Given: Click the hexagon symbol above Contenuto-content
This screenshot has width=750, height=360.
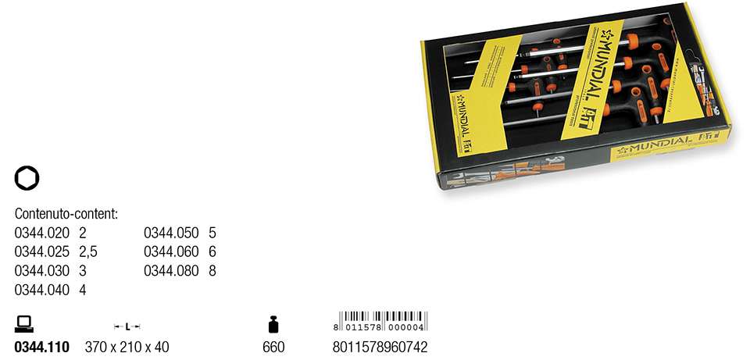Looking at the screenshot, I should pyautogui.click(x=27, y=179).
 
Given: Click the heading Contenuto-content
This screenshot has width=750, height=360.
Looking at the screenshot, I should pyautogui.click(x=66, y=213).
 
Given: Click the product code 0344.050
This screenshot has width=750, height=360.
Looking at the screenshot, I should pyautogui.click(x=172, y=233).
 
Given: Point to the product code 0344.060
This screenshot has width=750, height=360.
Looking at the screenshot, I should pyautogui.click(x=172, y=251).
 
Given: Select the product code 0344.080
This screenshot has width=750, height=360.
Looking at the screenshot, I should pyautogui.click(x=172, y=271).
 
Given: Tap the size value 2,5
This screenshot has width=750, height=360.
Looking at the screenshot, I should pyautogui.click(x=88, y=251).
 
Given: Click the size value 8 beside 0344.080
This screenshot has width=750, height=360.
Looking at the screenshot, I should pyautogui.click(x=212, y=271).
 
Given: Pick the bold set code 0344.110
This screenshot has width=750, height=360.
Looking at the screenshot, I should pyautogui.click(x=42, y=347).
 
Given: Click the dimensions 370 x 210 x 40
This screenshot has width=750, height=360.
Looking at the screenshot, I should pyautogui.click(x=127, y=347).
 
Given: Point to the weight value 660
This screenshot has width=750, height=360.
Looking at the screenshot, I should pyautogui.click(x=273, y=347).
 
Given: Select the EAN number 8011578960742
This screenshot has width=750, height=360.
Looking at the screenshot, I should pyautogui.click(x=380, y=347).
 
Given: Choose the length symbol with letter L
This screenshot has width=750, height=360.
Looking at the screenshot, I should pyautogui.click(x=127, y=326).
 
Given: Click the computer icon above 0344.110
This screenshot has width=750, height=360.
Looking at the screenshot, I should pyautogui.click(x=24, y=323).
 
